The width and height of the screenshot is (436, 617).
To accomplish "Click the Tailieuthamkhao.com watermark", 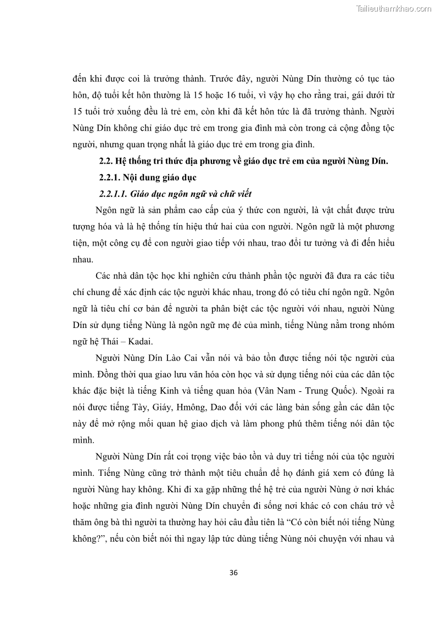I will coord(394,8).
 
